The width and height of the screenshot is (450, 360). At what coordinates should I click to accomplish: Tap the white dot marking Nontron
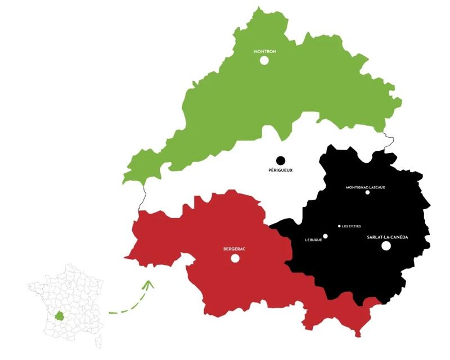pyautogui.click(x=264, y=60)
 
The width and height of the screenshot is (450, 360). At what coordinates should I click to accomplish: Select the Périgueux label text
pyautogui.click(x=281, y=170)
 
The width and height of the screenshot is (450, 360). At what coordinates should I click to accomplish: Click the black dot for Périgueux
pyautogui.click(x=281, y=161)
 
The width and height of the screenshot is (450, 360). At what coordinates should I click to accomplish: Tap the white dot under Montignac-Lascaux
pyautogui.click(x=367, y=192)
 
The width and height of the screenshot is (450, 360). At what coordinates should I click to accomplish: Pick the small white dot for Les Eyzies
pyautogui.click(x=339, y=226)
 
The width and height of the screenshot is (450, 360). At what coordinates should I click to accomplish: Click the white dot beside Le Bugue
pyautogui.click(x=325, y=236)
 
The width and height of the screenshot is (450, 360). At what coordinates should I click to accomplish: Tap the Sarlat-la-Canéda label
pyautogui.click(x=387, y=237)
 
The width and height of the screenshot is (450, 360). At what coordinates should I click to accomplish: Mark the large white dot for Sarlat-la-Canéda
pyautogui.click(x=386, y=246)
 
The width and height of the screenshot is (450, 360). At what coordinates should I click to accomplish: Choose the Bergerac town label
pyautogui.click(x=235, y=249)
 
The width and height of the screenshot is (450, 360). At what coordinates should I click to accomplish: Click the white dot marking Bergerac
pyautogui.click(x=235, y=258)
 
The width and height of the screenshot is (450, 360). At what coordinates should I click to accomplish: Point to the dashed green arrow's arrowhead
pyautogui.click(x=148, y=285)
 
